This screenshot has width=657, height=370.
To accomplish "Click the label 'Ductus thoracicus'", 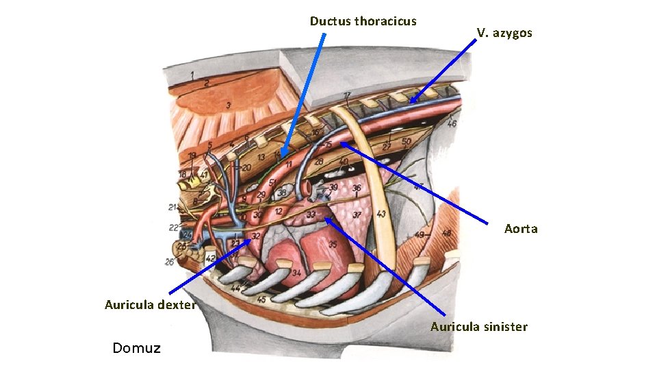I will coord(363,21).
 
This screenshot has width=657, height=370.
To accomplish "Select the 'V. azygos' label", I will coord(504,33).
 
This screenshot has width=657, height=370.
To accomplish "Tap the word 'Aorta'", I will coord(521,229).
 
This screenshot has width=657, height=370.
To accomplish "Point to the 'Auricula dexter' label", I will coord(150,305).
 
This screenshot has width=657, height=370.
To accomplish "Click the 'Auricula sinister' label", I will coord(478,327).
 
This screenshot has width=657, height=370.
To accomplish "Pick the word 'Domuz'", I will coord(137,348).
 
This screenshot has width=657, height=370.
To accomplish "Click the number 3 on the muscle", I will coord(229,105).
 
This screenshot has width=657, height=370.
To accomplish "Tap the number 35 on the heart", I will coord(333,243).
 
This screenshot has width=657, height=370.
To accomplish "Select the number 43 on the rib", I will coord(381,214).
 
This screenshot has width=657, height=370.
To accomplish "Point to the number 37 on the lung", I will coord(357,215).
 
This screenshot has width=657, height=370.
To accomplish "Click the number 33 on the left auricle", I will coord(311,215).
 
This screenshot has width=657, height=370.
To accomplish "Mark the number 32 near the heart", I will coord(255,236).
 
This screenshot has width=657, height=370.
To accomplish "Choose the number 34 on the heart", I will coord(296,273).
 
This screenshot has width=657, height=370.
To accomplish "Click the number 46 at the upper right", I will coord(452,124).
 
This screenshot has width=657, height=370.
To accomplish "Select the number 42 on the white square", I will coord(210,258).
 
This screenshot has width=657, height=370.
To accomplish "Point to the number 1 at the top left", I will coord(192,74).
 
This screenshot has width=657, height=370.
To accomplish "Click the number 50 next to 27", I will coord(407,142).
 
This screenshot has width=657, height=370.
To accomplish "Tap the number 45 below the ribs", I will coord(261,299).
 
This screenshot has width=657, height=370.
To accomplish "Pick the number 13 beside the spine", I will coord(261,158).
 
